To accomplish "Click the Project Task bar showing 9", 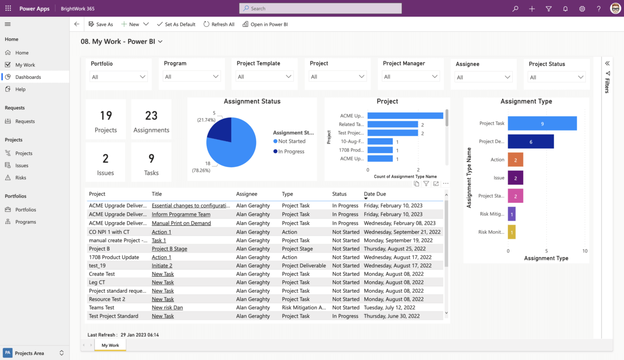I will (x=542, y=124).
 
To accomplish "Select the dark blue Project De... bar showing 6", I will (x=530, y=142).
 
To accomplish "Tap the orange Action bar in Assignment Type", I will (x=515, y=160).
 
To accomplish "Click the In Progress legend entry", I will (x=291, y=152).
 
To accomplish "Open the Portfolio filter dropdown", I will (x=118, y=77).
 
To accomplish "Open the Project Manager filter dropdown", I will (x=411, y=77).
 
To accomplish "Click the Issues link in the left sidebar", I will (x=22, y=166).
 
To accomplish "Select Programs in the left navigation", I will (x=25, y=222).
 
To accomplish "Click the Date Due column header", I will (x=374, y=194).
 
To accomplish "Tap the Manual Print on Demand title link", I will (x=181, y=223).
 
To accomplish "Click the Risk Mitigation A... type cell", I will (x=304, y=307).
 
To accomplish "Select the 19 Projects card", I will (x=105, y=119).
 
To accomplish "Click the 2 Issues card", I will (x=105, y=162).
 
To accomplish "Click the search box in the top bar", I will (x=320, y=8).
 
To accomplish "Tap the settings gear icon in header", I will (x=582, y=9).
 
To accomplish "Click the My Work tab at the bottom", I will (x=110, y=345).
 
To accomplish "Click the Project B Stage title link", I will (x=169, y=249).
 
